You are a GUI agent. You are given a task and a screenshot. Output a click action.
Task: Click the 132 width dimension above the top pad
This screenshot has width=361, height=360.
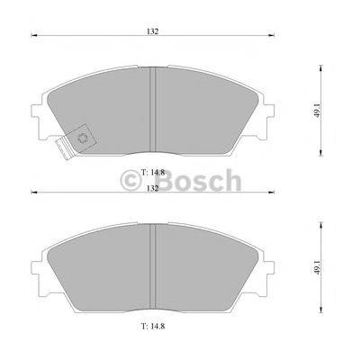coord(153,31)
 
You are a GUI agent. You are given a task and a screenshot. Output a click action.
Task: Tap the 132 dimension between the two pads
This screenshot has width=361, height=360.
coord(153,188)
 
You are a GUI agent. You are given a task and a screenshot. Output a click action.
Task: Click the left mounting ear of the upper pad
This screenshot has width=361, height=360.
coord(38,116)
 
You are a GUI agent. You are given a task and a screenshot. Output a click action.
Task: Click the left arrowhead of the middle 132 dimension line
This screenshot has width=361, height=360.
coord(34,193)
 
